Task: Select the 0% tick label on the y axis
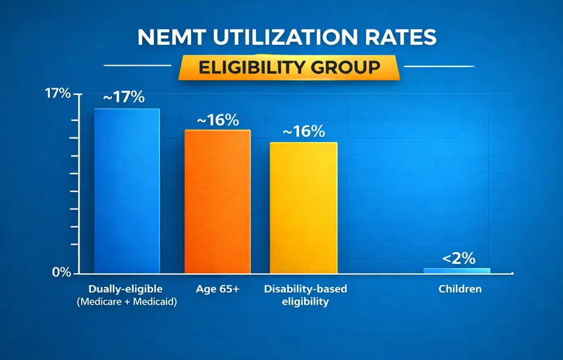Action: pyautogui.click(x=61, y=272)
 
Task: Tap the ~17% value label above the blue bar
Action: pyautogui.click(x=123, y=97)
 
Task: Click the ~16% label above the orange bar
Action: pyautogui.click(x=217, y=120)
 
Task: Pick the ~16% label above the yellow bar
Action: pyautogui.click(x=304, y=132)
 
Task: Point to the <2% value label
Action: pyautogui.click(x=459, y=258)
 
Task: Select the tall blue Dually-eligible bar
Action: pyautogui.click(x=127, y=191)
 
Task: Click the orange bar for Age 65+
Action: pyautogui.click(x=217, y=201)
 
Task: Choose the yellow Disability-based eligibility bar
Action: pyautogui.click(x=304, y=207)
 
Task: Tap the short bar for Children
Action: pyautogui.click(x=457, y=270)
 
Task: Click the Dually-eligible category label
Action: pyautogui.click(x=125, y=289)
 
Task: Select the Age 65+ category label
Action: pyautogui.click(x=217, y=289)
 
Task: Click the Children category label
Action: pyautogui.click(x=460, y=289)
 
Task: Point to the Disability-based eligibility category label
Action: pyautogui.click(x=305, y=296)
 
